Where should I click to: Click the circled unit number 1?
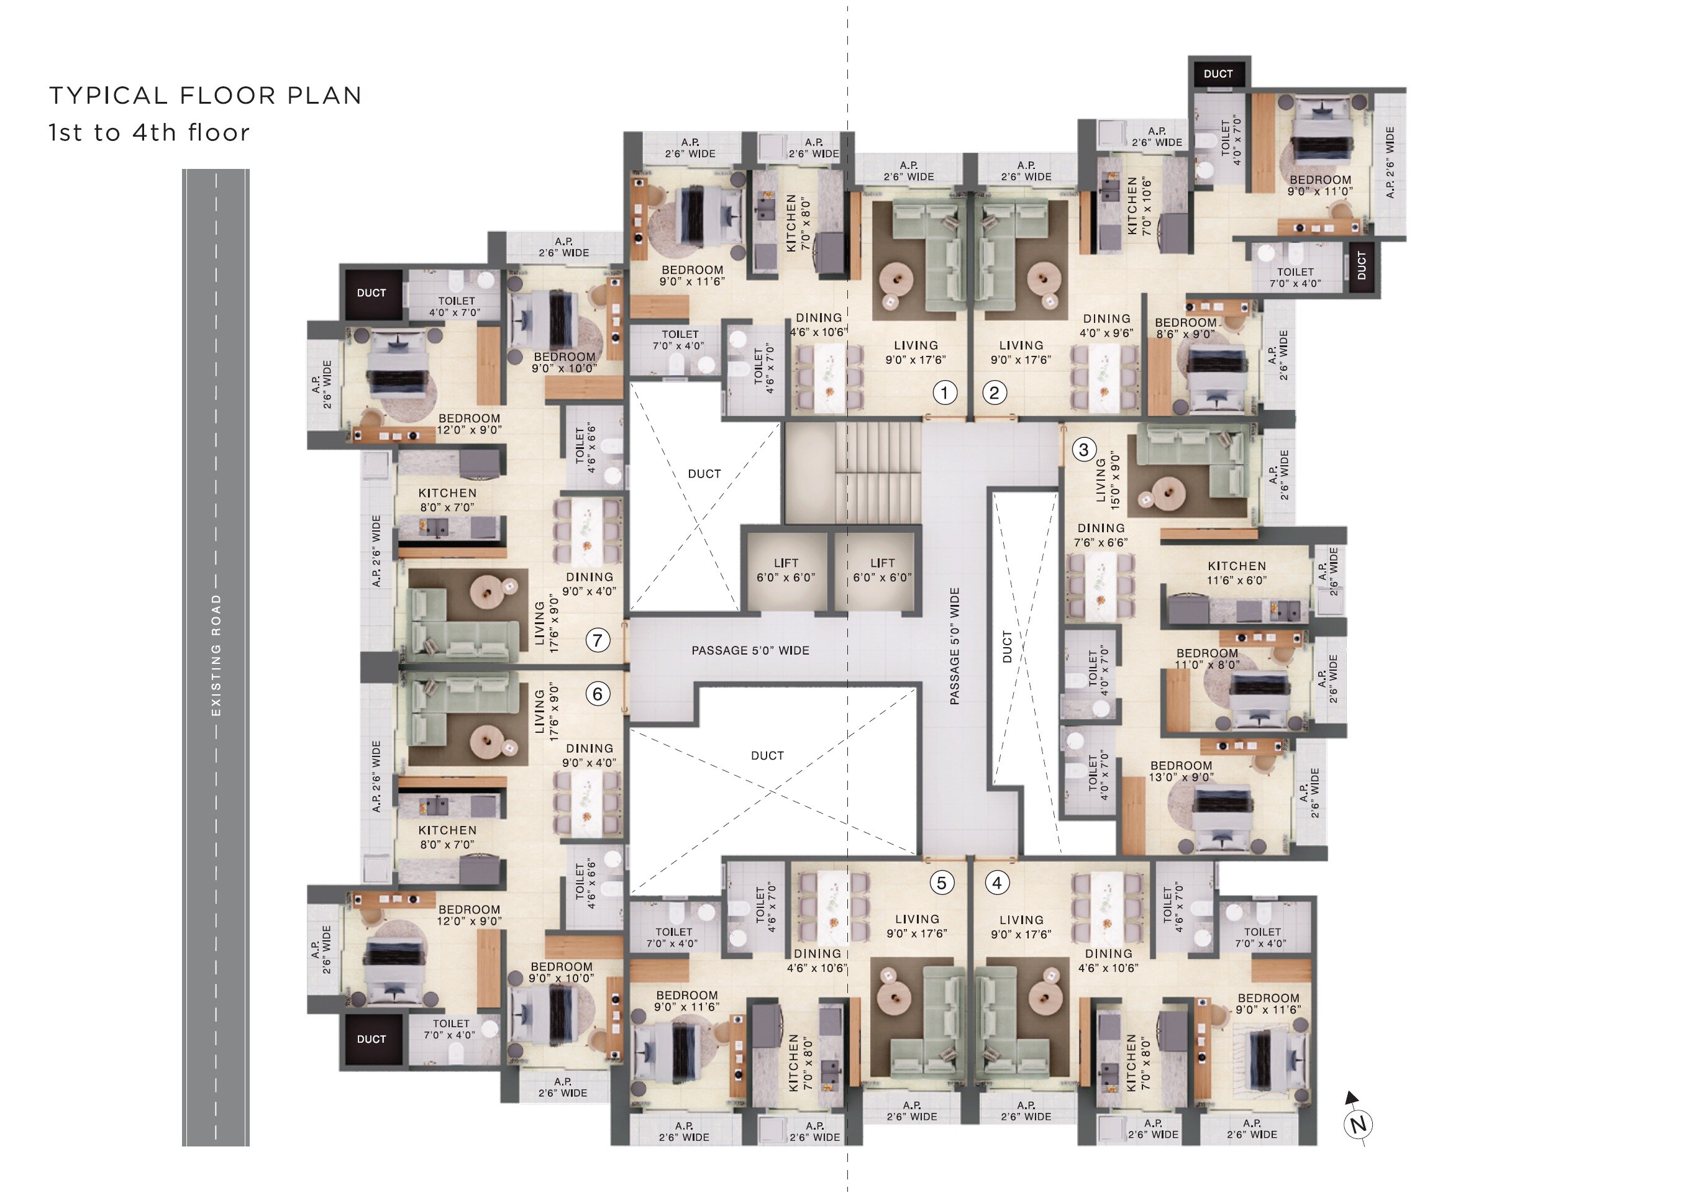(944, 393)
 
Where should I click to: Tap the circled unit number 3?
(1083, 449)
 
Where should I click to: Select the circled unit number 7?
(598, 640)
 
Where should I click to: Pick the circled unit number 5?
(942, 883)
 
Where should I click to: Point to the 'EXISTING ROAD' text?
(216, 655)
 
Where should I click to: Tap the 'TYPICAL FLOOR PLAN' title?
(205, 95)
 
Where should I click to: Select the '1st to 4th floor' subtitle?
(149, 133)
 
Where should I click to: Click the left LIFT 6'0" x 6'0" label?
(786, 570)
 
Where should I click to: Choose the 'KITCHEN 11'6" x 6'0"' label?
(1237, 573)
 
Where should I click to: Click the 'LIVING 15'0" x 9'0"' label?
(1108, 480)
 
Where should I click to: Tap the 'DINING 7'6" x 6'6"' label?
(1101, 535)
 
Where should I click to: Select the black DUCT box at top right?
(1218, 74)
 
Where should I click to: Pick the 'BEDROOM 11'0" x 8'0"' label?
(1207, 659)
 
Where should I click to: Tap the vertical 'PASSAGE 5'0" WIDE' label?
(955, 647)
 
